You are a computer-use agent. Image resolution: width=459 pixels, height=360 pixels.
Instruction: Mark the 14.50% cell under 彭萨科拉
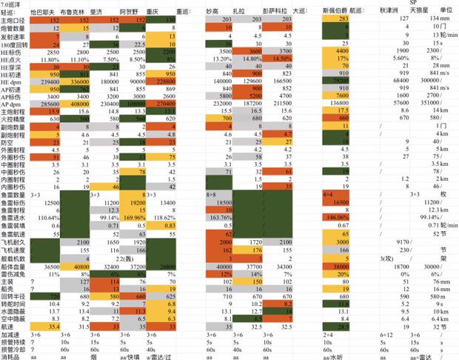coord(279,58)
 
